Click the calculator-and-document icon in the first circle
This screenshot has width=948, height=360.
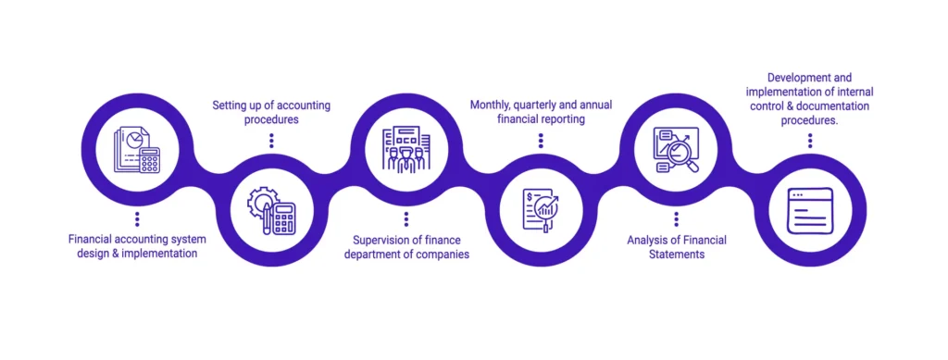click(136, 149)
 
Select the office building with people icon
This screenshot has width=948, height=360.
click(406, 149)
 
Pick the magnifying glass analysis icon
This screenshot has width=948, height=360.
click(676, 149)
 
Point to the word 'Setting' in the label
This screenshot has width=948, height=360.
click(231, 105)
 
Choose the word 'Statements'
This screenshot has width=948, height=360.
click(676, 254)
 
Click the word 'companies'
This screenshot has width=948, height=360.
click(443, 254)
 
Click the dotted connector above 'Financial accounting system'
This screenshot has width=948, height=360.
click(136, 218)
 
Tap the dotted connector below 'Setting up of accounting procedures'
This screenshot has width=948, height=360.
click(271, 141)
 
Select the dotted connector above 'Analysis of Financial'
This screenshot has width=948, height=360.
click(676, 218)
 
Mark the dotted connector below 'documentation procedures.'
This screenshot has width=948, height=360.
click(810, 141)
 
